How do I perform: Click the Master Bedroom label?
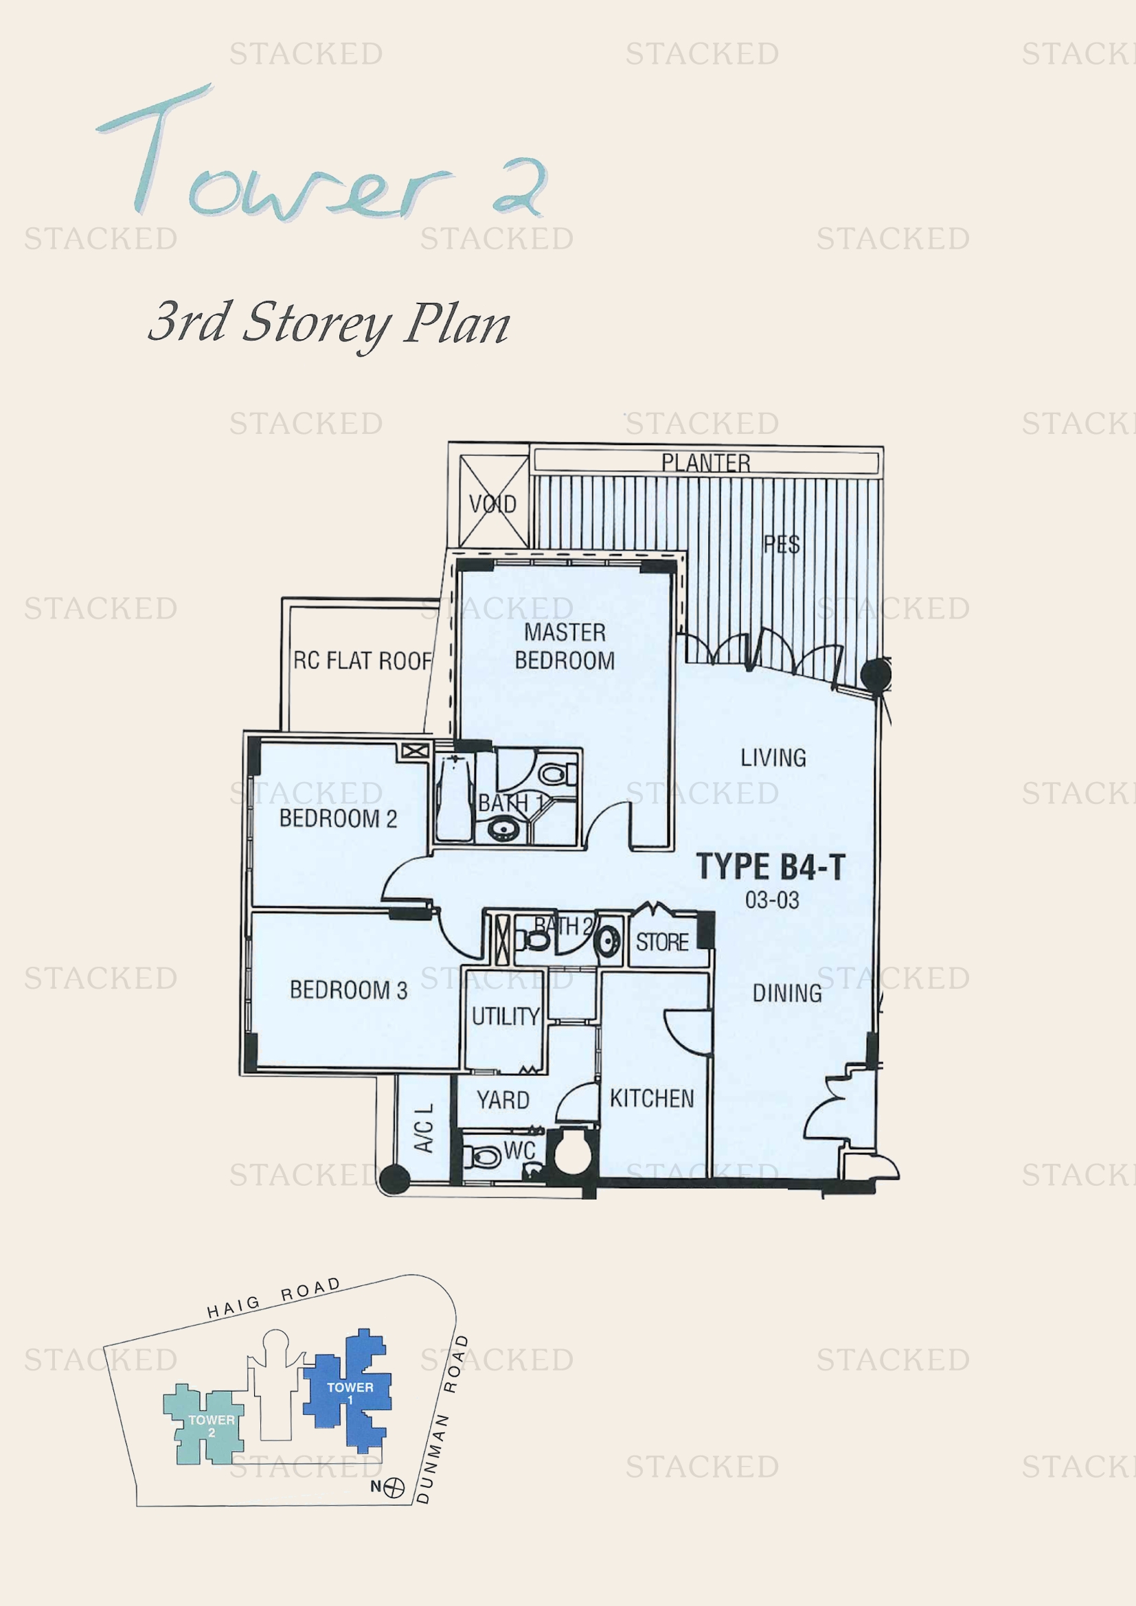[x=565, y=646]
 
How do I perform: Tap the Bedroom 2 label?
[x=338, y=818]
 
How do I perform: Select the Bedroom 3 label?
[x=348, y=990]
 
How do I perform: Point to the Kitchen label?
[x=651, y=1098]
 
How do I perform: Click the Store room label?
[x=661, y=942]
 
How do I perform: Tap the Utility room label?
[x=505, y=1016]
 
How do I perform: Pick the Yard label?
[x=503, y=1100]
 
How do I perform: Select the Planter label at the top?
[x=705, y=462]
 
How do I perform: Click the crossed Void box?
[x=493, y=501]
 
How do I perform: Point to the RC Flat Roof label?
[x=362, y=661]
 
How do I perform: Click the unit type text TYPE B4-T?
[x=770, y=867]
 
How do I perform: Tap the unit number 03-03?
[x=771, y=899]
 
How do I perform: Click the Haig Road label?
[x=273, y=1299]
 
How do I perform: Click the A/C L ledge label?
[x=423, y=1127]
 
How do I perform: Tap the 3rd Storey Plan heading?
[x=329, y=323]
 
